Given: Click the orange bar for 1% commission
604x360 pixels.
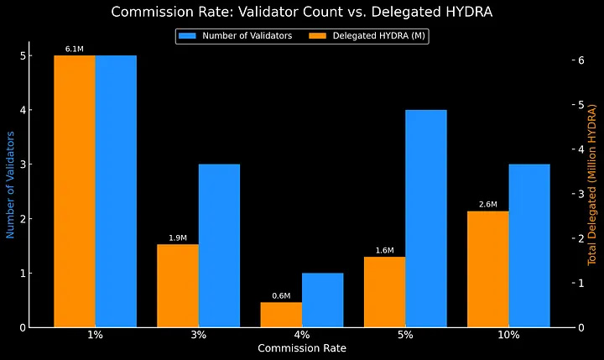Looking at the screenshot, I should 74,191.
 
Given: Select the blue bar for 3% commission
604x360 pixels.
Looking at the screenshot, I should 219,245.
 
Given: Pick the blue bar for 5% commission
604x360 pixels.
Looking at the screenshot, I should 426,218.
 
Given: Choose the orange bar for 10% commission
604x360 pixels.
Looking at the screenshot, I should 488,269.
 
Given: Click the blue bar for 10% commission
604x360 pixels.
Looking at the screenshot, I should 529,245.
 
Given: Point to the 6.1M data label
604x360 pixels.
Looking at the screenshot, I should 74,50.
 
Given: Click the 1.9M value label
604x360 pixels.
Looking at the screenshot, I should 177,238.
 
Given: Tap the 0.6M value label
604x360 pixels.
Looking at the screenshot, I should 281,295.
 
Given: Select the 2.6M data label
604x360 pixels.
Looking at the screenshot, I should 488,205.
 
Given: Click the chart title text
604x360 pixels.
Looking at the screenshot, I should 301,12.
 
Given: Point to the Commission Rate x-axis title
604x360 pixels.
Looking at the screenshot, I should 301,347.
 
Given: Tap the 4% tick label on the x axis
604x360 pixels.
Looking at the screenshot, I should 301,335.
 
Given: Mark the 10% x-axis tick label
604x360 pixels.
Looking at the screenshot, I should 508,335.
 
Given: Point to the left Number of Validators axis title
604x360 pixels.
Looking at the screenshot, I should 11,185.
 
